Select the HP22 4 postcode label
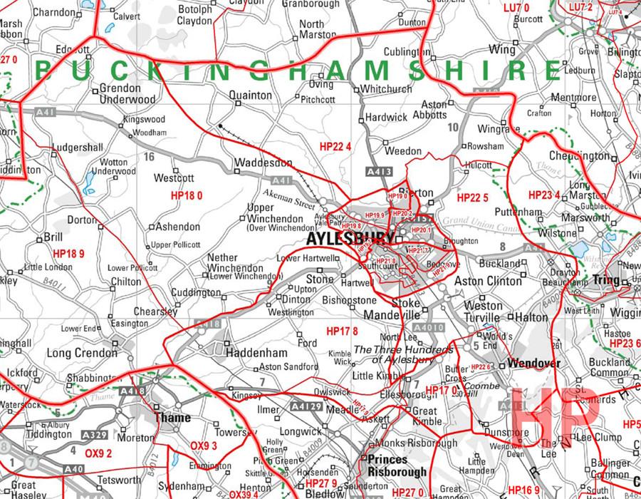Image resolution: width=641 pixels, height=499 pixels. pos(336,147)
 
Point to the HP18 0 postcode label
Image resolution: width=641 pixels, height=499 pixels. pos(187,195)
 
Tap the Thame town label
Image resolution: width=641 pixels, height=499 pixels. pos(172,418)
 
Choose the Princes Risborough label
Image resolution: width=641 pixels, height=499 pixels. pos(397,465)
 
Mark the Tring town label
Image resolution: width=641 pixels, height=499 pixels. pos(607,280)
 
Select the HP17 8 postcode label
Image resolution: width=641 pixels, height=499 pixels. pos(342,331)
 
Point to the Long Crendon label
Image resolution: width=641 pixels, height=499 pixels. pos(81,353)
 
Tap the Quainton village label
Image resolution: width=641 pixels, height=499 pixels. pos(251,95)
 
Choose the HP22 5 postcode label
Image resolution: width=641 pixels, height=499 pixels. pos(472,197)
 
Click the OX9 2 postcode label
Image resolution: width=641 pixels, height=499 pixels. pos(99,453)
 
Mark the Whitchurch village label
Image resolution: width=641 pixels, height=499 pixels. pos(386,89)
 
